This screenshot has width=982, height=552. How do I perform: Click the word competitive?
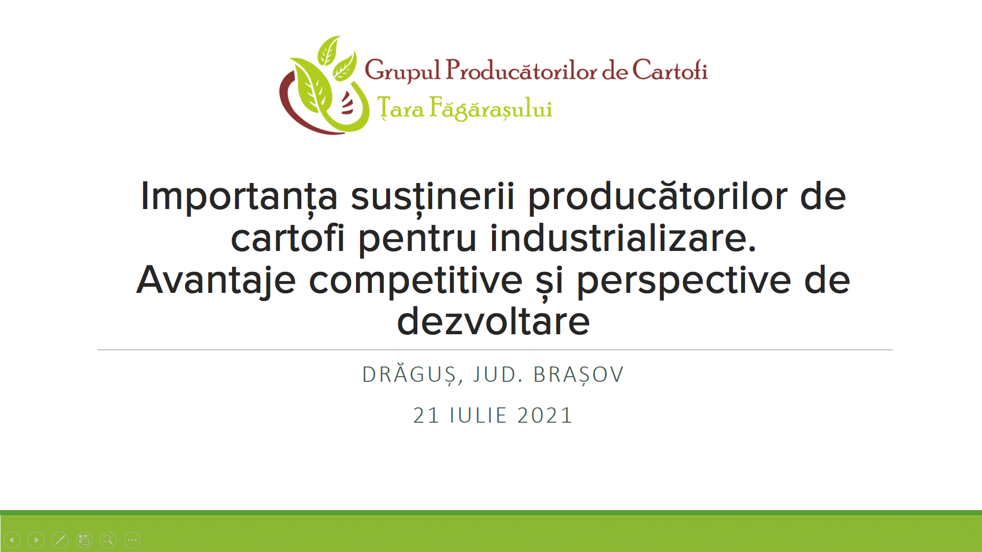point(415,281)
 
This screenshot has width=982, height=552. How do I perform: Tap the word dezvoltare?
point(494,321)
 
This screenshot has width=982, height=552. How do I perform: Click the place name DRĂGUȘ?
point(409,375)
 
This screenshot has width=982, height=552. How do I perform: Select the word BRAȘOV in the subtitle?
point(578,375)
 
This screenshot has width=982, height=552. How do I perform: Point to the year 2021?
point(545,415)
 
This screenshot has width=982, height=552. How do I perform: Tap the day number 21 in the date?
point(426,415)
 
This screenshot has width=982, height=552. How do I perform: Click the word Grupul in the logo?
point(402,71)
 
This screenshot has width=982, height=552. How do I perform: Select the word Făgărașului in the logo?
point(490,108)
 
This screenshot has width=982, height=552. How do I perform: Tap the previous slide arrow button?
point(12,540)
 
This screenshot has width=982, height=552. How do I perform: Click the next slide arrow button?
point(36,540)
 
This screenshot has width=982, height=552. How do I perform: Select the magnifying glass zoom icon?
point(108,540)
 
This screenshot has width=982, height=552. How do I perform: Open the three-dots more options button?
point(132,540)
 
